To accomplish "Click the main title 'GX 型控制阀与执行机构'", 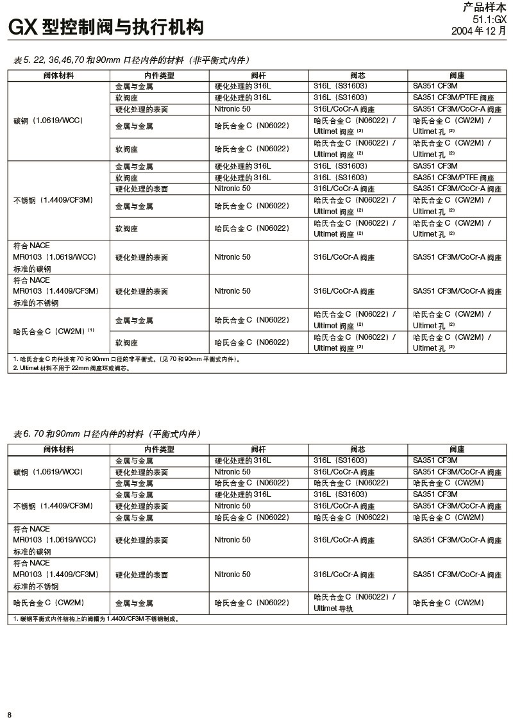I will click(106, 27).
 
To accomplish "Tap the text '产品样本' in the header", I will click(484, 8).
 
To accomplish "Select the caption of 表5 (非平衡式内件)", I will click(131, 60).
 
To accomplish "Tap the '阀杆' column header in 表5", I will click(258, 75).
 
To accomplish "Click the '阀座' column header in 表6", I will click(457, 449).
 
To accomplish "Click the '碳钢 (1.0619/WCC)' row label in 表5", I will click(48, 121).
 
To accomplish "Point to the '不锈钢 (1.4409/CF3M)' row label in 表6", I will click(53, 506).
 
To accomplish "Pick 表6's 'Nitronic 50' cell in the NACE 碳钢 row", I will click(232, 540).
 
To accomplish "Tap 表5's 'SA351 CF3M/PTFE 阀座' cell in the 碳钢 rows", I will click(453, 97).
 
